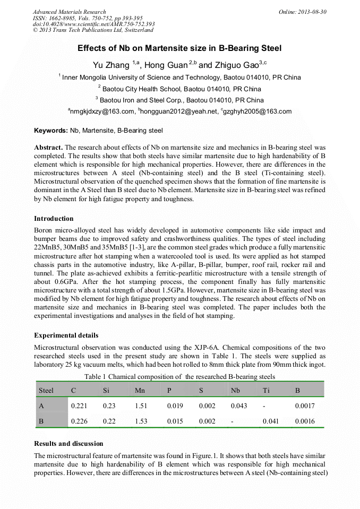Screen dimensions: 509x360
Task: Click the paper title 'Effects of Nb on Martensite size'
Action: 179,48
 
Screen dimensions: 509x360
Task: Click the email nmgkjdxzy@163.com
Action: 101,111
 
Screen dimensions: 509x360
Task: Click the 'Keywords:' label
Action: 50,131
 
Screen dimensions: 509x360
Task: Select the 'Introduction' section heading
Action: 54,219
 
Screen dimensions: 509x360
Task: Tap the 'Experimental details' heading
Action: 66,335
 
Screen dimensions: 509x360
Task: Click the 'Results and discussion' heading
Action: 68,444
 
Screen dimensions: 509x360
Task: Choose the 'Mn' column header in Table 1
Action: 140,391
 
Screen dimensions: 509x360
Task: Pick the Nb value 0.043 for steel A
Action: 239,406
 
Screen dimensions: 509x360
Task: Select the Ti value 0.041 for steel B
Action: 271,421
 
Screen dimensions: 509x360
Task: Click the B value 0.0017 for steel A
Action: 305,406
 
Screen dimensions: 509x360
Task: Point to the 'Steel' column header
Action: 46,391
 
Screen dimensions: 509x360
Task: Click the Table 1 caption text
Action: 179,376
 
